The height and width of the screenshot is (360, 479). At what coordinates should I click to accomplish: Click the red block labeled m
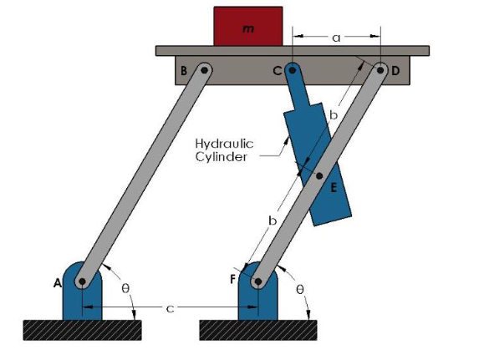248,26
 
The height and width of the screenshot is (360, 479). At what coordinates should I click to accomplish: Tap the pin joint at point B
204,70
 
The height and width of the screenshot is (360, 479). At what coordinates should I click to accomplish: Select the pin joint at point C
293,70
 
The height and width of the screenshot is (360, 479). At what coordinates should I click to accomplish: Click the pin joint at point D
380,70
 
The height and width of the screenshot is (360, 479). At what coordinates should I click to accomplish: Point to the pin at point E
319,176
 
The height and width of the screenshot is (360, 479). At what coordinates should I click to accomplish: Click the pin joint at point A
82,281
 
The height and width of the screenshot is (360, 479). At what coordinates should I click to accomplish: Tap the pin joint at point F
258,281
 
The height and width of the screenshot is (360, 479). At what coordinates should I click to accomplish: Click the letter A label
58,283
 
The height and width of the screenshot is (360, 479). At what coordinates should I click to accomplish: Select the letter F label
233,279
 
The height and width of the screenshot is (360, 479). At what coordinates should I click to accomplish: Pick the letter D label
395,71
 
